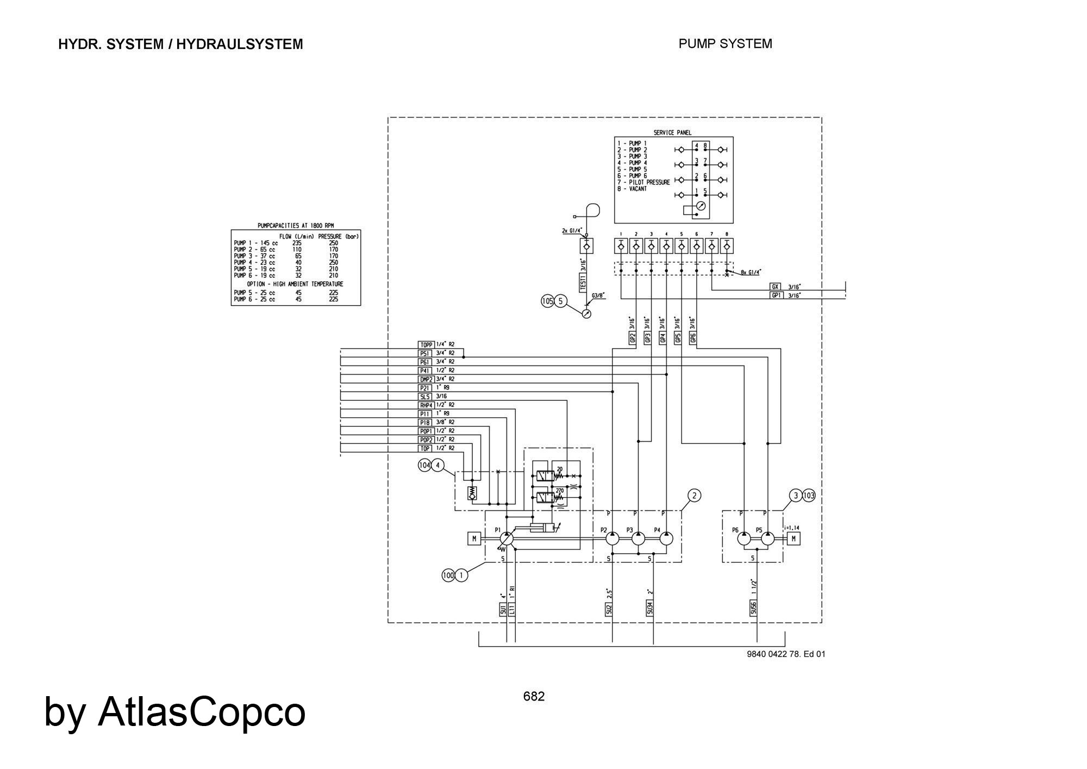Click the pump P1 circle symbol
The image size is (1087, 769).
click(506, 538)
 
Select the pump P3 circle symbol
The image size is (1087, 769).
click(638, 538)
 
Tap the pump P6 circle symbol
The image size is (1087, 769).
click(744, 538)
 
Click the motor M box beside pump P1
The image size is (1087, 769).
click(474, 538)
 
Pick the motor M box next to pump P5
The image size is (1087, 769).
click(794, 538)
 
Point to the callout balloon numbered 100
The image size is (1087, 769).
click(448, 575)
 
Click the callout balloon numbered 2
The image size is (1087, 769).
click(694, 495)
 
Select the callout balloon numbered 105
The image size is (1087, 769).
click(547, 301)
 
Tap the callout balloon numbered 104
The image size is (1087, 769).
click(424, 465)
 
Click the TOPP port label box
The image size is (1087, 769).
click(426, 344)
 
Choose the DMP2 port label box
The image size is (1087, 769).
click(426, 379)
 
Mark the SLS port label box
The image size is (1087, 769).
click(426, 396)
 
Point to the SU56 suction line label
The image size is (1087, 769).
click(753, 608)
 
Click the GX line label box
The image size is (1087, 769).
click(776, 287)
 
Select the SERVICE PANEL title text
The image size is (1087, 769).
click(672, 133)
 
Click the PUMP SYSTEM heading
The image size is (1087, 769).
click(725, 44)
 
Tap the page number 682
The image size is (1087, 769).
click(534, 696)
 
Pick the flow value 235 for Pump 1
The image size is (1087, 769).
click(297, 243)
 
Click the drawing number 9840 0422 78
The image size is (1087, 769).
click(774, 654)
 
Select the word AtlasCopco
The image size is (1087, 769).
click(201, 711)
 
